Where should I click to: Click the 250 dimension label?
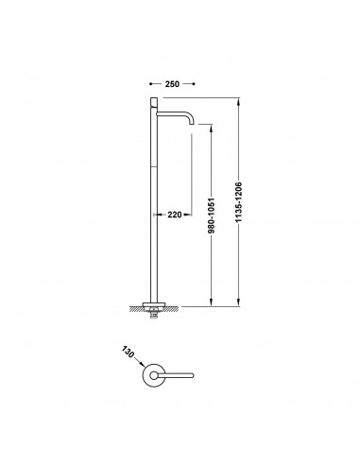tap(172, 84)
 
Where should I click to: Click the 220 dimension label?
tap(175, 215)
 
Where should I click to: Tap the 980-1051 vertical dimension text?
tap(212, 215)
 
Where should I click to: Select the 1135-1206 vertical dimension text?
tap(239, 202)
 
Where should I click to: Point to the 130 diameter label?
tap(127, 352)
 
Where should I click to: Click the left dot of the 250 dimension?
tap(151, 84)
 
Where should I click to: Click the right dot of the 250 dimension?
tap(194, 84)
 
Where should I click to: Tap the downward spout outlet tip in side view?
tap(192, 124)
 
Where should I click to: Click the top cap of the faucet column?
tap(154, 102)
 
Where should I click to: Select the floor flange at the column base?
tap(154, 304)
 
